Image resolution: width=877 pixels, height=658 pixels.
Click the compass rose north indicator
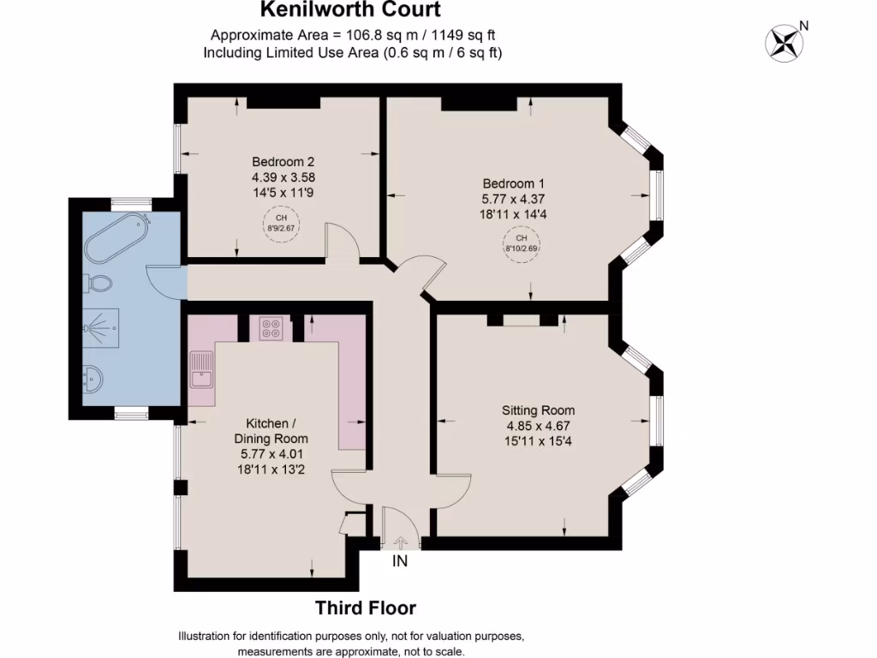coord(783,42)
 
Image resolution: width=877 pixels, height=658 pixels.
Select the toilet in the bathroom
coord(99,283)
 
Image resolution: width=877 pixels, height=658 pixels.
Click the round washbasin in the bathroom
coord(95,376)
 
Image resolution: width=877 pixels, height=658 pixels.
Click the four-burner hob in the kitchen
coord(272,328)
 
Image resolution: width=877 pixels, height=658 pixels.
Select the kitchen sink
coord(203,370)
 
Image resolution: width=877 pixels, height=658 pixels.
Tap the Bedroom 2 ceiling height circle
coord(275,224)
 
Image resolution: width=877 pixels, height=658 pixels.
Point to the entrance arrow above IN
coord(401,541)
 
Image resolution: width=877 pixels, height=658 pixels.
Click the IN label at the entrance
coord(400,562)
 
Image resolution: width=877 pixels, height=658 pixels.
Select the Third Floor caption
coord(366,608)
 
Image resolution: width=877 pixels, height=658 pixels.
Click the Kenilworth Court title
coord(351,10)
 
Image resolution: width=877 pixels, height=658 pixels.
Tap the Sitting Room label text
coord(539,410)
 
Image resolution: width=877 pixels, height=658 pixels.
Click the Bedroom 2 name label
coord(283,161)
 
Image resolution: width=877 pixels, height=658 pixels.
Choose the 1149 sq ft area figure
coord(463,35)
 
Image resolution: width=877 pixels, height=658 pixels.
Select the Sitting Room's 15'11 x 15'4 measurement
coord(539,441)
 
